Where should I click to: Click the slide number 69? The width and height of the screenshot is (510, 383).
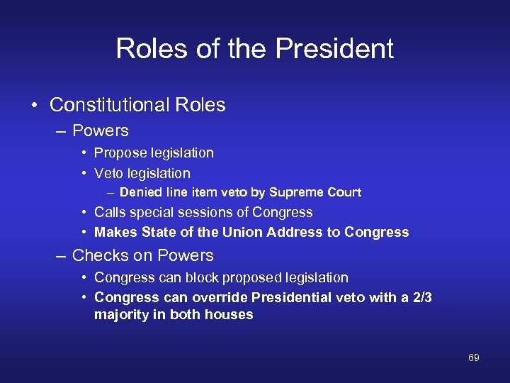[474, 358]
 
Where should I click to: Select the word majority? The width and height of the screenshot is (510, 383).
[120, 315]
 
